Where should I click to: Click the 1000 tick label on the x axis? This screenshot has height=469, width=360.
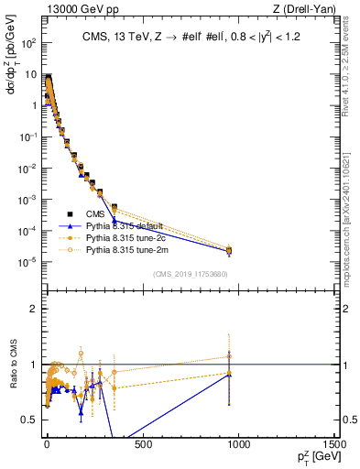[238, 446]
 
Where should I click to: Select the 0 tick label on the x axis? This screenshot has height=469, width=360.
[47, 446]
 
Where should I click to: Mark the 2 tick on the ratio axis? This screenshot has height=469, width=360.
[32, 309]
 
